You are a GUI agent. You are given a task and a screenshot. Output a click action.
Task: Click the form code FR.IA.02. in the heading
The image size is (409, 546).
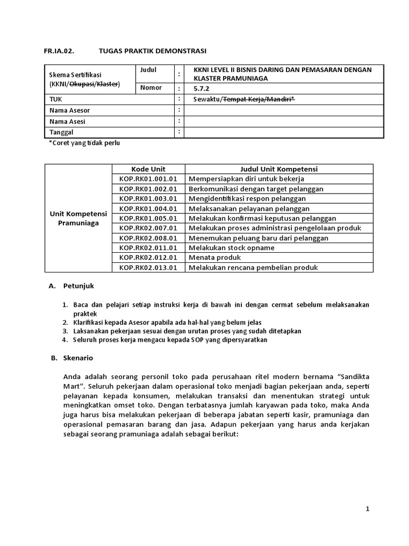pos(58,51)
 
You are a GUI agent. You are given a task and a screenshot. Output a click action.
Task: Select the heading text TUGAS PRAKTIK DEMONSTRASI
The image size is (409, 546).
pos(152,51)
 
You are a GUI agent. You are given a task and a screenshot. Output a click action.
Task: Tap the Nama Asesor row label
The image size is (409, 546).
pos(70,110)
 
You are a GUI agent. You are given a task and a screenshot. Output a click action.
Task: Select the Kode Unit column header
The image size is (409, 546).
pos(149,169)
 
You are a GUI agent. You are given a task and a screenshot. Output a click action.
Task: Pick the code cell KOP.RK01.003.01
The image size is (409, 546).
pos(149,199)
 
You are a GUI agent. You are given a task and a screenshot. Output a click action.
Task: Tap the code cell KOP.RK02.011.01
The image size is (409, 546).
pos(149,248)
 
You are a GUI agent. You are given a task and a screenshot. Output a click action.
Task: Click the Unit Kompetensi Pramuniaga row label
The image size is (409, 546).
pos(78,218)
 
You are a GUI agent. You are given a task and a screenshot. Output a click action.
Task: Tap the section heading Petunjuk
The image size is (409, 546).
pos(78,286)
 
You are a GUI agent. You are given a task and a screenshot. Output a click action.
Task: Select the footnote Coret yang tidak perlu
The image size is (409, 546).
pos(88,143)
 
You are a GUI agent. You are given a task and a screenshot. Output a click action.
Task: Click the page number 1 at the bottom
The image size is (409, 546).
pos(367,509)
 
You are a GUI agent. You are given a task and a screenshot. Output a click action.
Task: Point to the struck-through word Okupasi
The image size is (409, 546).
pos(85,84)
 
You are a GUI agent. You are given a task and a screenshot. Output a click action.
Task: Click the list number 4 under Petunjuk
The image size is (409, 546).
pos(64,340)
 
